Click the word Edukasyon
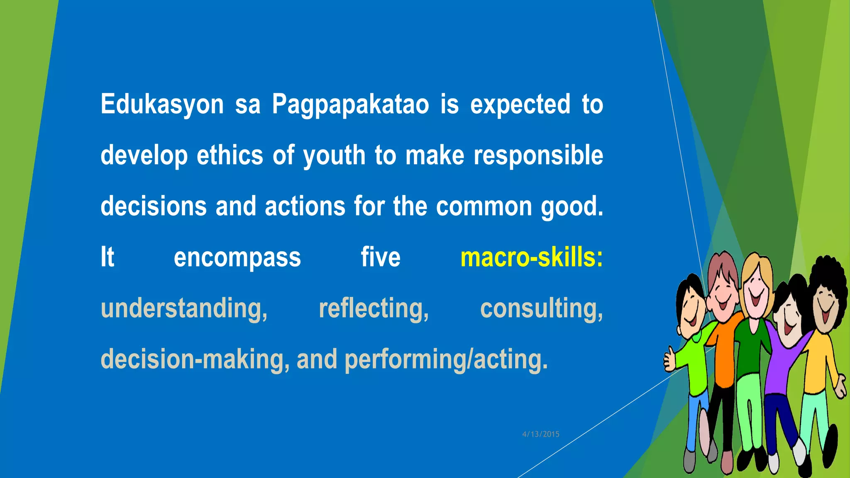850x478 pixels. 162,104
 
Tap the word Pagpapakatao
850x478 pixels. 350,104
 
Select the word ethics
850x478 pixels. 230,155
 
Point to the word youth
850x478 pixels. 334,156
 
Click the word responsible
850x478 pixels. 538,156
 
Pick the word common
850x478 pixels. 484,206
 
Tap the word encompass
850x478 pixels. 237,258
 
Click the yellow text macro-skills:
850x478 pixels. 531,257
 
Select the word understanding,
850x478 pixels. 184,309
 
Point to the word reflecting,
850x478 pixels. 374,309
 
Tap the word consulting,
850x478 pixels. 541,309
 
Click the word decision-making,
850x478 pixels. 195,359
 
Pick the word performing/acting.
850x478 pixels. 446,359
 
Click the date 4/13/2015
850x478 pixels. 540,434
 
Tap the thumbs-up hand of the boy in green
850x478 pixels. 669,359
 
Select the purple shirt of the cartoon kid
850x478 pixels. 782,365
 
